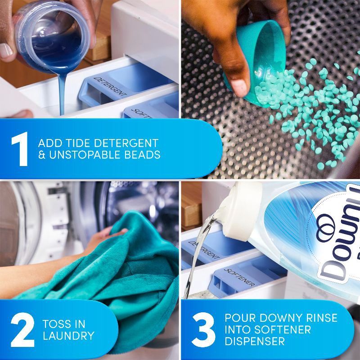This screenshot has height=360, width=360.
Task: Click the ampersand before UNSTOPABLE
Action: [x=42, y=155]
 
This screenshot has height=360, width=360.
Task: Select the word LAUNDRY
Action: [x=69, y=336]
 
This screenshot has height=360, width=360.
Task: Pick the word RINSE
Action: [x=320, y=318]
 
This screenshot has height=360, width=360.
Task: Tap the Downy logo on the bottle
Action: [x=335, y=243]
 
